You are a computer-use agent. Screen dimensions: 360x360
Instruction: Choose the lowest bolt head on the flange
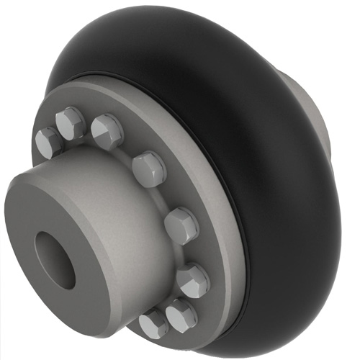pos(153,324)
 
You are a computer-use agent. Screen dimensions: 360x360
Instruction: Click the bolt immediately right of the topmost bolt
pos(107,131)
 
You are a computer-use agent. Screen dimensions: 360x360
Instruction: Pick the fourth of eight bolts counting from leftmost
pos(149,168)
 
